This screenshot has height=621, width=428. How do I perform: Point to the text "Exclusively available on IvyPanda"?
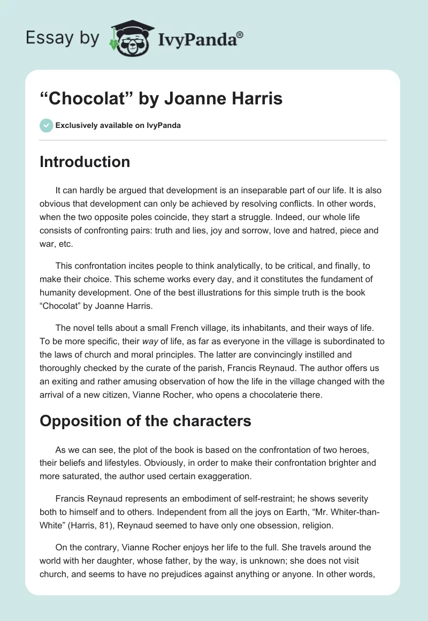tap(118, 126)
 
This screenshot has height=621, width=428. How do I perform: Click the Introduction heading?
tap(85, 162)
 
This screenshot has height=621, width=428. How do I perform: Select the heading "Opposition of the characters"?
tap(146, 421)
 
